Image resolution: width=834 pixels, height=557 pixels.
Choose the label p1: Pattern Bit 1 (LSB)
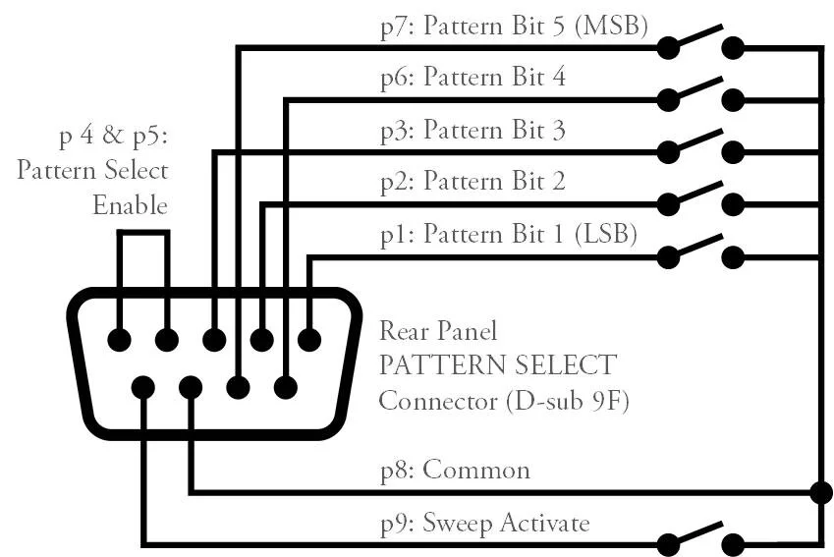pos(509,234)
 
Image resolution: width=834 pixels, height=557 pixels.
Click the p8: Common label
pos(455,471)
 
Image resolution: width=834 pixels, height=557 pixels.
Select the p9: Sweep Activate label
pos(485,523)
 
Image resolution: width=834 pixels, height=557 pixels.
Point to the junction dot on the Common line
pos(818,490)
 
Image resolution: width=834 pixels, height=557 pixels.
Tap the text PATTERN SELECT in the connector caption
pos(498,365)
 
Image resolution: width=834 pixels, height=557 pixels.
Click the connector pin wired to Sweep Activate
pos(143,387)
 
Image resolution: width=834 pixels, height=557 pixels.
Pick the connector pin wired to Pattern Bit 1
pos(309,340)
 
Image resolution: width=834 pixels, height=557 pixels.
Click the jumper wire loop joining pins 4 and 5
pos(143,233)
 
